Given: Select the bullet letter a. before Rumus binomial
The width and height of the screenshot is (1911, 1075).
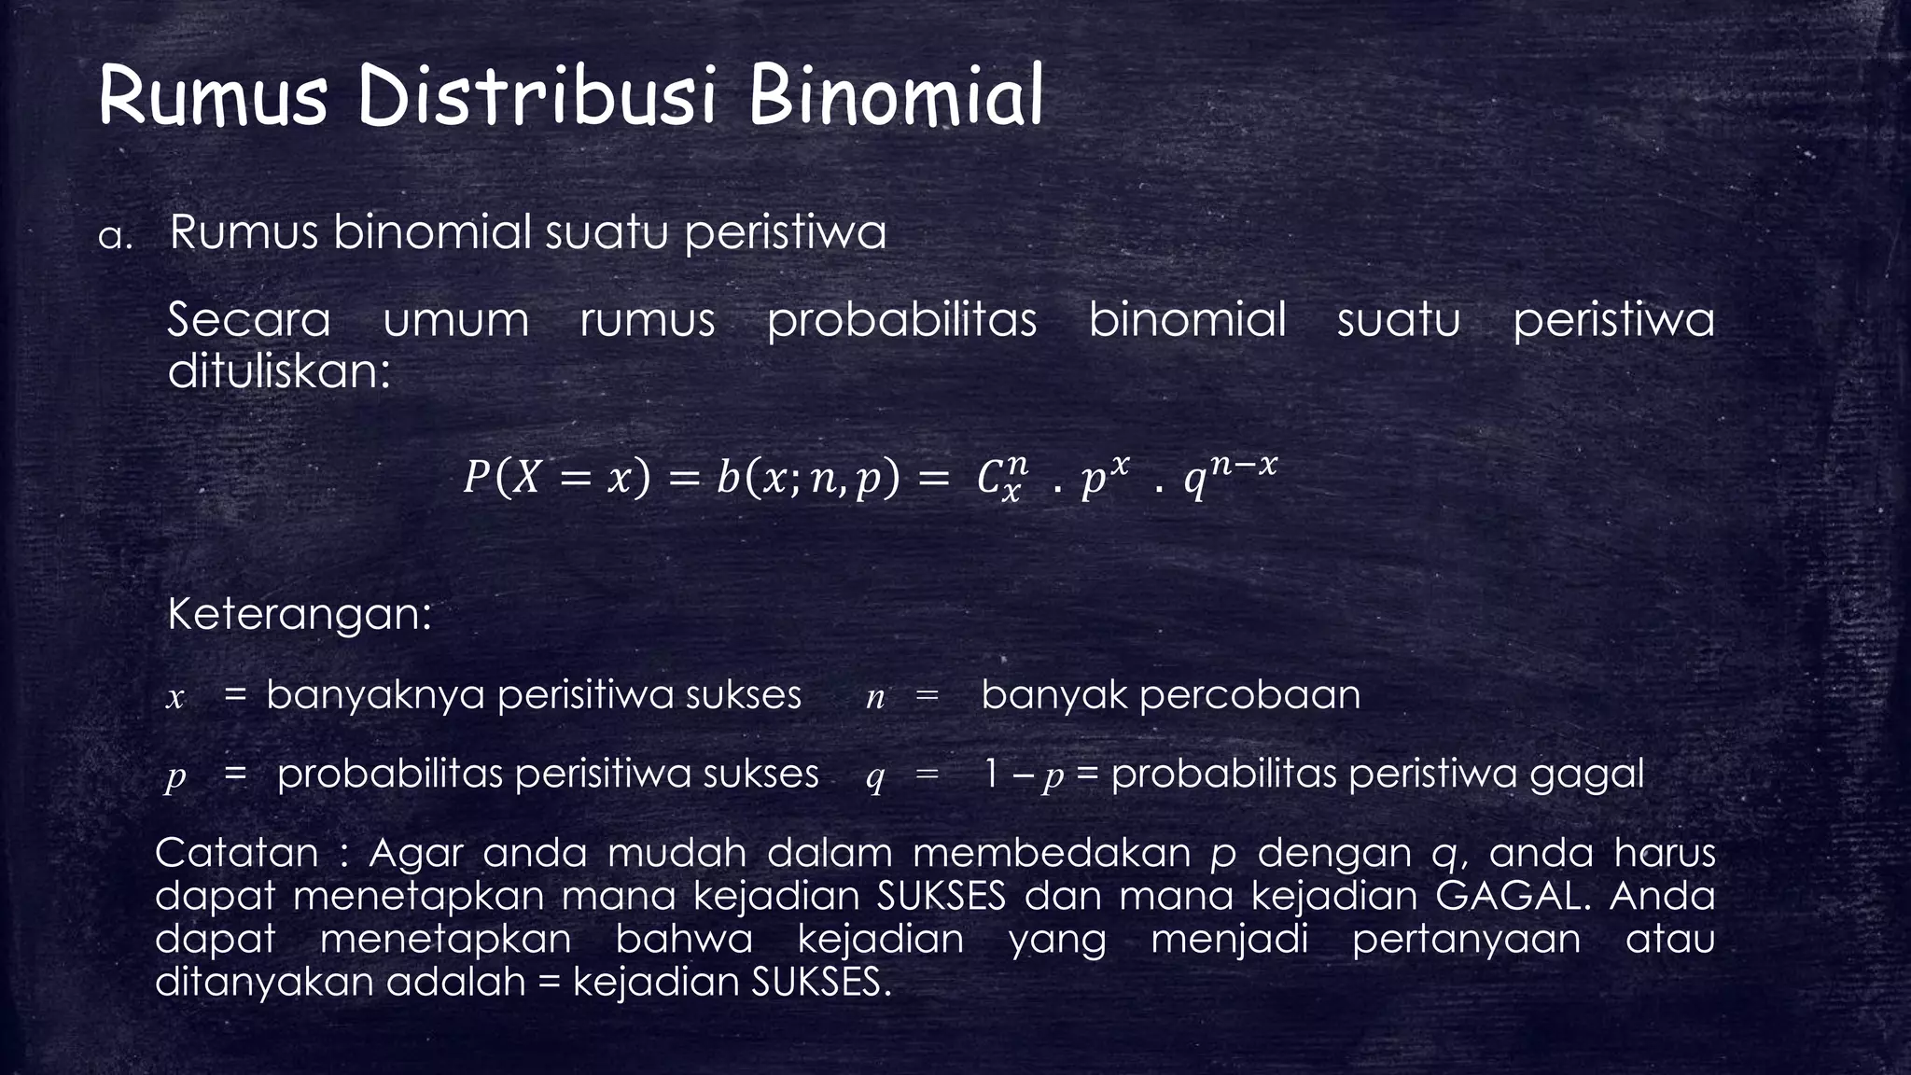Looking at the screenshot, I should (115, 237).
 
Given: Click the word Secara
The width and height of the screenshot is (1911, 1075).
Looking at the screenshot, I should (249, 320).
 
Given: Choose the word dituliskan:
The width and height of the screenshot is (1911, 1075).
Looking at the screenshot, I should (278, 371).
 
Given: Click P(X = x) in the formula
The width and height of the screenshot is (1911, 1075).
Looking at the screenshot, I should (556, 479).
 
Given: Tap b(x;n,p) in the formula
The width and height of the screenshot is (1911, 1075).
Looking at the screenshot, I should (808, 479).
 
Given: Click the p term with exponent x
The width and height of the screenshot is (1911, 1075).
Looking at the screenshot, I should (1104, 478).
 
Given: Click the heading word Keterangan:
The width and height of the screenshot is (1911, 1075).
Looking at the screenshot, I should (300, 614).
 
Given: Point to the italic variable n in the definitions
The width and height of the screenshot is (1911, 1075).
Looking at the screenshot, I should (874, 697).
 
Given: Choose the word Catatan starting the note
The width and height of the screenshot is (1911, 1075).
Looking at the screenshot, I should (237, 853).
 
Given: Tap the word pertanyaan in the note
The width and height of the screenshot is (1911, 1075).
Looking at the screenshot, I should (1466, 940).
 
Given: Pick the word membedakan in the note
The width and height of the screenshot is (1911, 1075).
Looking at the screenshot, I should (1051, 853).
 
